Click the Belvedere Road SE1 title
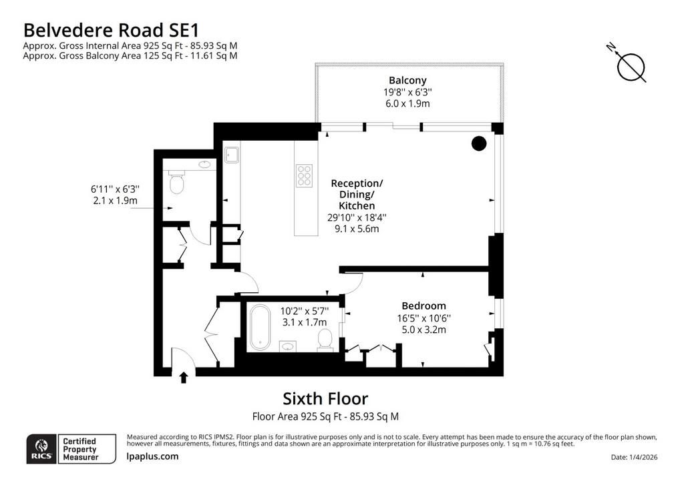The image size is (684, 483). tap(111, 30)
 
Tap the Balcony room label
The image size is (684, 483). tap(407, 80)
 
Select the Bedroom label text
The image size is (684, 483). tap(423, 306)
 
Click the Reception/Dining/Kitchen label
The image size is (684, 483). tap(357, 194)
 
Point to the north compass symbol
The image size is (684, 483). tap(628, 63)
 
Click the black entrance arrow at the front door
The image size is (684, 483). tap(184, 377)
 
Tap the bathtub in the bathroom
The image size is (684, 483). tap(260, 327)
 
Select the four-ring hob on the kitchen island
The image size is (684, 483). tap(304, 175)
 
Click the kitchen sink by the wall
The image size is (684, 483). tap(232, 155)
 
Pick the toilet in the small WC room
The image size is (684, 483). tap(176, 183)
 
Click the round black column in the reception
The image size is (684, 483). tap(479, 143)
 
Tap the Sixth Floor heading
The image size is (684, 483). tap(325, 398)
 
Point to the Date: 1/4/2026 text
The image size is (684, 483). tap(635, 457)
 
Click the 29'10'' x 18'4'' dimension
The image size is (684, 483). tap(357, 217)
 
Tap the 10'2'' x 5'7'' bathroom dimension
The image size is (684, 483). tap(305, 311)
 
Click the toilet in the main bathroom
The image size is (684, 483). tap(325, 340)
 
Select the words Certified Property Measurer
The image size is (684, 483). tap(80, 449)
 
